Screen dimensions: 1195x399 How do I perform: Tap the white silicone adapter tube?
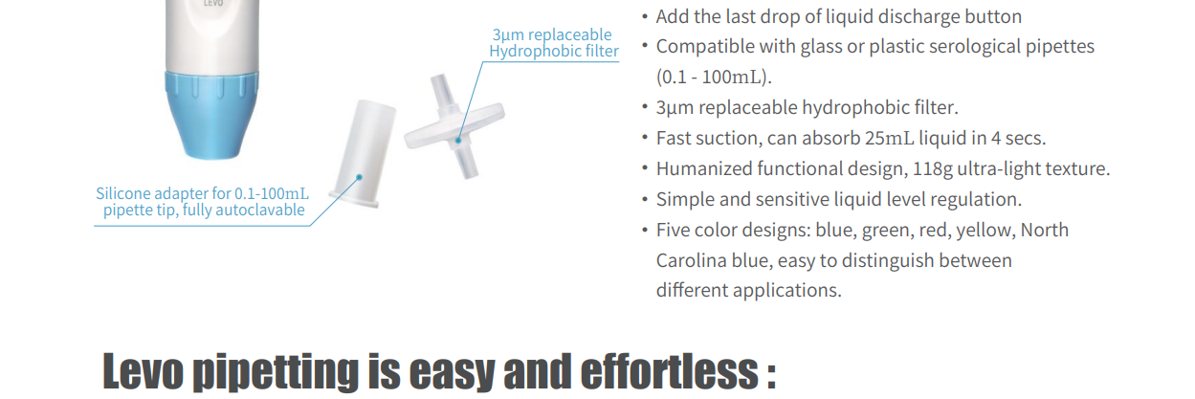click(x=363, y=154)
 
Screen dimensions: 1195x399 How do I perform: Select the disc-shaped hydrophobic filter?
click(x=454, y=126)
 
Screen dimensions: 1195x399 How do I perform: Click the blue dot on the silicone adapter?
click(x=360, y=177)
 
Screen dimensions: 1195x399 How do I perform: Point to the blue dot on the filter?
click(x=457, y=141)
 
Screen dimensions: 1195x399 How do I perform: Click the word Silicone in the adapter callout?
click(x=123, y=193)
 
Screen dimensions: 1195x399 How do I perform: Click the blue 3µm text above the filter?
click(x=508, y=35)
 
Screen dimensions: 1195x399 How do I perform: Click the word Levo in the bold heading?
click(x=143, y=371)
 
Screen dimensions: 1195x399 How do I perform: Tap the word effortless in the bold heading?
click(x=669, y=371)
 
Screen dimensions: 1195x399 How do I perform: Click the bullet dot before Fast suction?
click(x=645, y=138)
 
